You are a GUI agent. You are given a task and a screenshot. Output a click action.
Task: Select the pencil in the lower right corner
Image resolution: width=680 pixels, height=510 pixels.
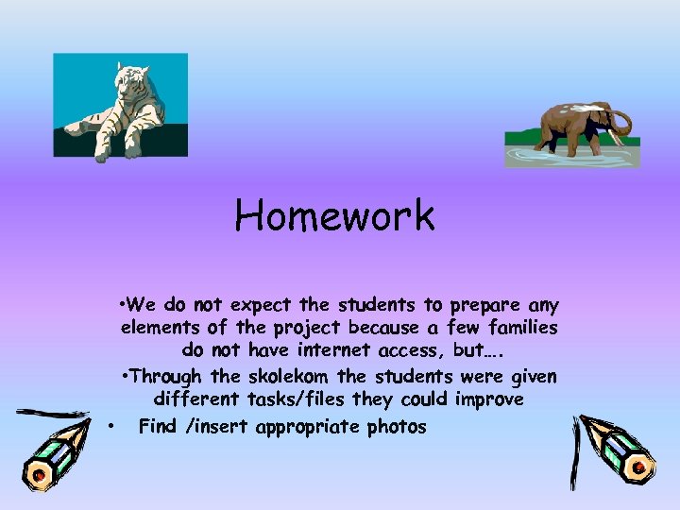[612, 451]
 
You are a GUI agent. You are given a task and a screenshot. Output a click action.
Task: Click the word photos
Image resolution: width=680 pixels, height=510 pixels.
[397, 427]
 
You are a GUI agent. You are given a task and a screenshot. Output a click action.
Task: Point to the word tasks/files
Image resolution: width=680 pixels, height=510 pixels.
[297, 400]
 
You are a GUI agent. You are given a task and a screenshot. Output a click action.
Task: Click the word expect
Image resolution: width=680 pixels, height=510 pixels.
[262, 305]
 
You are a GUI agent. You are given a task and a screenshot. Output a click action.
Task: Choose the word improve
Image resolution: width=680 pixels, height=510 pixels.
[489, 400]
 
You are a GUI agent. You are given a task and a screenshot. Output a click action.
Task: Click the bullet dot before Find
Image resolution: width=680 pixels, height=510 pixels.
[111, 427]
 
